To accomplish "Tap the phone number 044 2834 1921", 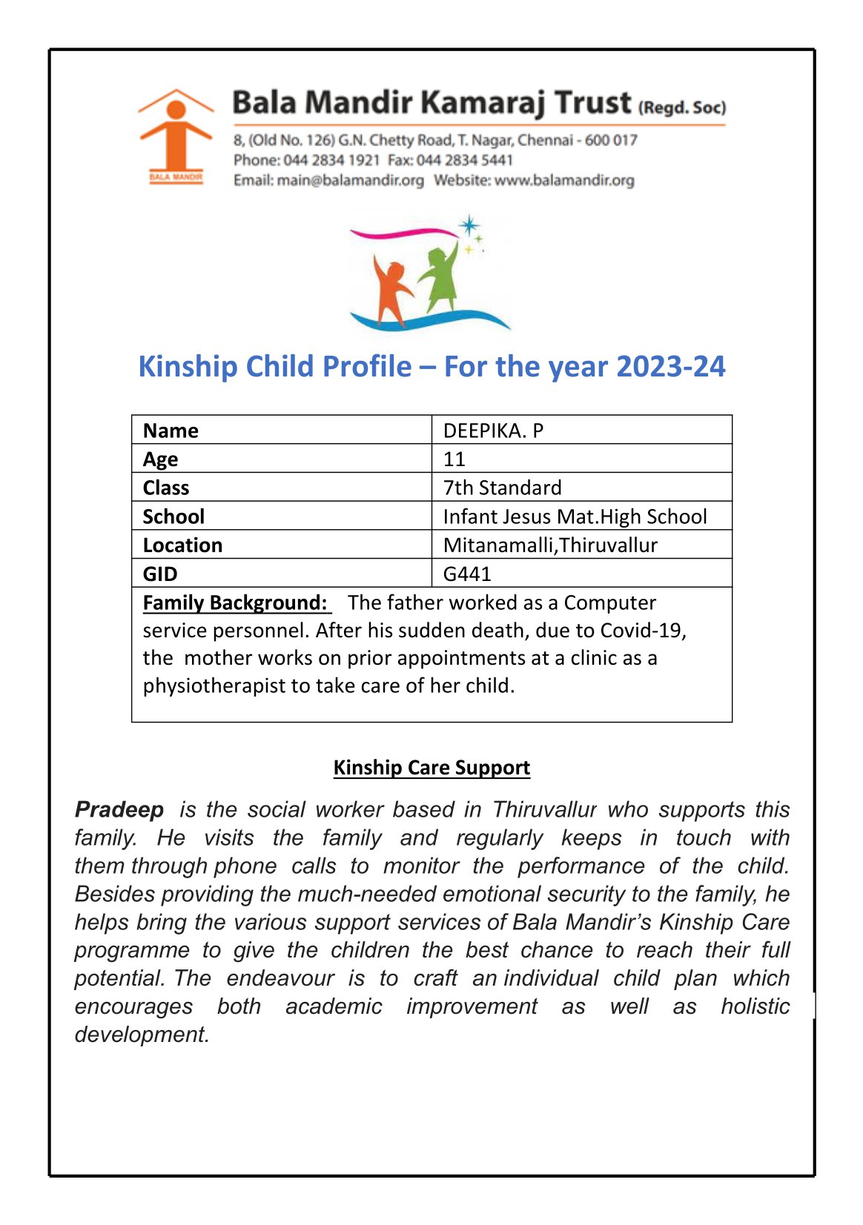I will tap(331, 160).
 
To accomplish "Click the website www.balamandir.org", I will tap(564, 180).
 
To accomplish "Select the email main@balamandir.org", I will tap(350, 180).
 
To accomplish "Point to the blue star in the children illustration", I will tap(469, 225).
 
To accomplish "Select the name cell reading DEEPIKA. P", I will tap(493, 431).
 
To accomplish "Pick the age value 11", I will tap(454, 459).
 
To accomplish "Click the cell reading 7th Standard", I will tap(502, 488).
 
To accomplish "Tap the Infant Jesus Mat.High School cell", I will tap(575, 517).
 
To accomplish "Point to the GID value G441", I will tap(467, 574).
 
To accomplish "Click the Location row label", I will tap(182, 545).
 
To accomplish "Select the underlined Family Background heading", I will tap(235, 602).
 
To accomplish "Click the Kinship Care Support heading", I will tap(431, 768).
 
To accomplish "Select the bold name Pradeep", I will tap(119, 810).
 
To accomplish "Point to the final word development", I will tap(142, 1035).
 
